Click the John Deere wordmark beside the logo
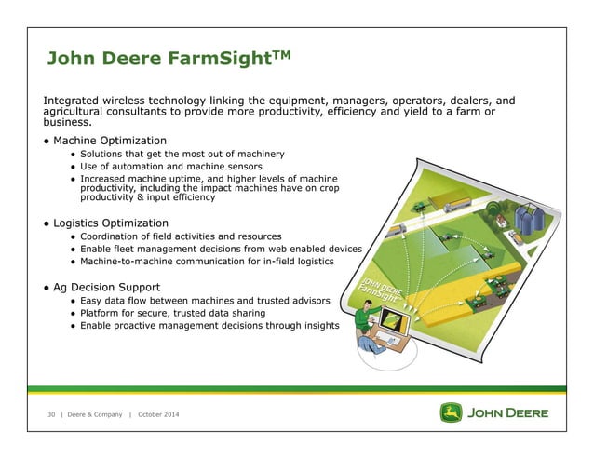[x=508, y=412]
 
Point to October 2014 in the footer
[x=159, y=413]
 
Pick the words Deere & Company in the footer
[x=95, y=413]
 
